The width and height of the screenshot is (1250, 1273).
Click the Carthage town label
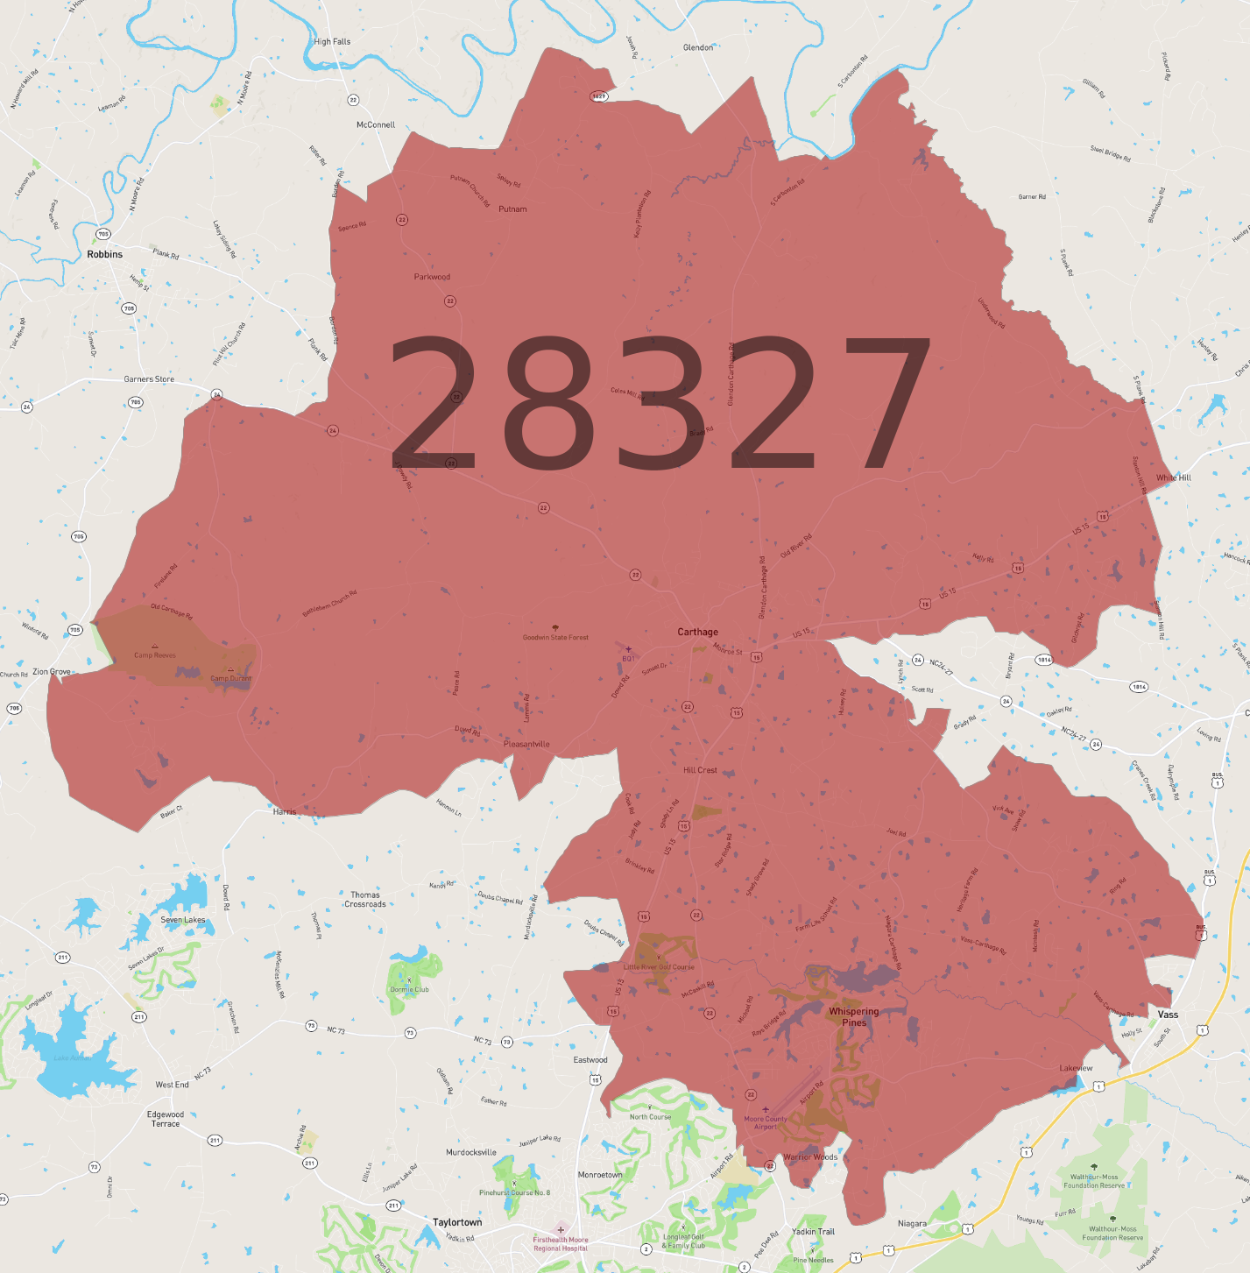click(x=697, y=632)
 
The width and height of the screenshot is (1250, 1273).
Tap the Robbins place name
click(x=104, y=254)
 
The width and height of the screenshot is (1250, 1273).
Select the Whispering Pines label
click(x=853, y=1016)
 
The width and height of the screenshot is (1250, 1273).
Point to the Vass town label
click(x=1168, y=1015)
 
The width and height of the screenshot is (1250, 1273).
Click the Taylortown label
click(x=457, y=1222)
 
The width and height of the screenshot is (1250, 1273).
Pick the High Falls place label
click(x=332, y=41)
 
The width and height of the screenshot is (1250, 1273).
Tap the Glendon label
click(x=698, y=47)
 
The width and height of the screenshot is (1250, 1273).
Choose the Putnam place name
click(x=512, y=209)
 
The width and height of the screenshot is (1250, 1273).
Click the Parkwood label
click(x=432, y=277)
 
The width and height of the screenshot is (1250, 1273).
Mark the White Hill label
click(x=1173, y=477)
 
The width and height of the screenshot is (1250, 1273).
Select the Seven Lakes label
click(x=183, y=920)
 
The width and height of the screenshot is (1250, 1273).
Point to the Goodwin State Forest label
click(x=555, y=637)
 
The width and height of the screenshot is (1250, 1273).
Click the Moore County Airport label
click(x=766, y=1122)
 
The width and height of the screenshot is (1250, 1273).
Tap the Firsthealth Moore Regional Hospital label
click(x=561, y=1243)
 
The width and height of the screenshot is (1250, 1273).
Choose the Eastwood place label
click(x=590, y=1060)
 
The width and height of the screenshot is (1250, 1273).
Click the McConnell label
click(x=376, y=125)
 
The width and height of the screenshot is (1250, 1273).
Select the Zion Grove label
click(x=52, y=672)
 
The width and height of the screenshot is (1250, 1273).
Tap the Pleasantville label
click(x=526, y=744)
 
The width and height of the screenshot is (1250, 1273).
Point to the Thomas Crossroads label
click(x=365, y=900)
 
